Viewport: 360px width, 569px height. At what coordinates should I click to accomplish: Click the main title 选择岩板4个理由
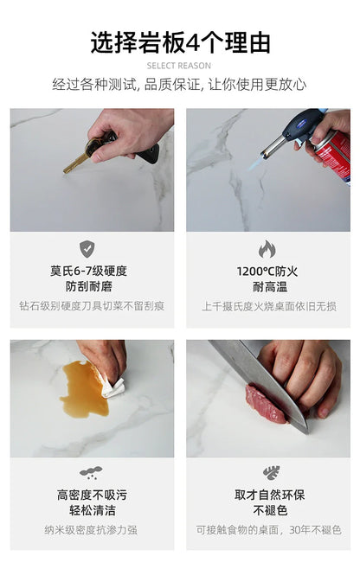[x=180, y=43]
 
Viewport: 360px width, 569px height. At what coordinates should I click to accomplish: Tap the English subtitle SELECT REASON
[x=179, y=66]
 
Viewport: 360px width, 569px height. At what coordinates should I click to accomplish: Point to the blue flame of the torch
[x=256, y=163]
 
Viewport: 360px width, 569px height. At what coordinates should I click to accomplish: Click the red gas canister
[x=334, y=157]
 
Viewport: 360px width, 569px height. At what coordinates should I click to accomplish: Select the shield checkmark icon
[x=87, y=249]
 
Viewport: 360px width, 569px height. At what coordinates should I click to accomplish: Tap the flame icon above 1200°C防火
[x=267, y=249]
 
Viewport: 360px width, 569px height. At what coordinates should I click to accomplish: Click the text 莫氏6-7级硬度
[x=88, y=271]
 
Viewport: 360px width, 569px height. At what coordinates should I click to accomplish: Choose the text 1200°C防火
[x=267, y=272]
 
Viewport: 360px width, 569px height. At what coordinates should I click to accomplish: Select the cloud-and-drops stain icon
[x=91, y=472]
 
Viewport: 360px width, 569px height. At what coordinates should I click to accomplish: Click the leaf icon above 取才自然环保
[x=272, y=472]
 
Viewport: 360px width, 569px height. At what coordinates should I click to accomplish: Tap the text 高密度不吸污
[x=92, y=495]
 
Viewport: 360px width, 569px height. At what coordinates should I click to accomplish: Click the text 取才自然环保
[x=269, y=495]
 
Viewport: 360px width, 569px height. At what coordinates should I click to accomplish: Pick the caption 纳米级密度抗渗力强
[x=91, y=530]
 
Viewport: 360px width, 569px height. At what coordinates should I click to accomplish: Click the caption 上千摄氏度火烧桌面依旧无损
[x=269, y=306]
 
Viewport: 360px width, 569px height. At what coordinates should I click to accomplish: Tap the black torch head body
[x=301, y=126]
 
